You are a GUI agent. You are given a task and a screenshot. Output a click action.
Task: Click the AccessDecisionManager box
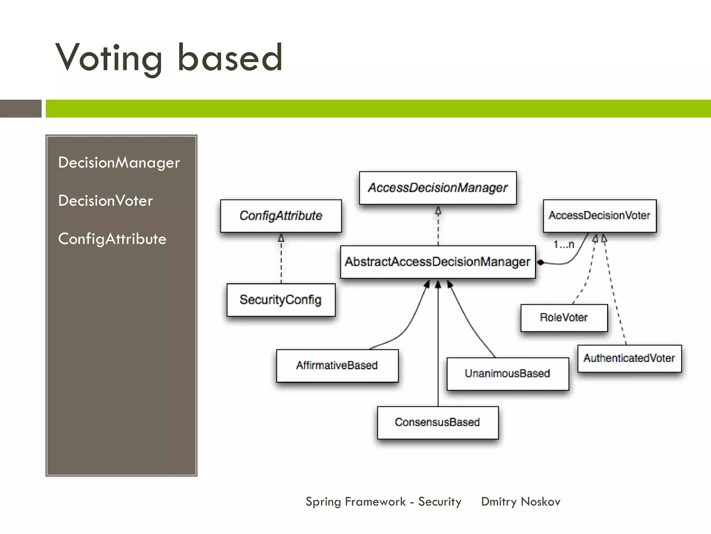tap(438, 188)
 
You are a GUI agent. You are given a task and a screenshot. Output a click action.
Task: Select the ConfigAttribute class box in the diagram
tap(281, 216)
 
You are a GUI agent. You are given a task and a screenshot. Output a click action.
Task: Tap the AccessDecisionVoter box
tap(600, 216)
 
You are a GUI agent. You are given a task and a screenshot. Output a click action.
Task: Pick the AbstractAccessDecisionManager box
tap(438, 262)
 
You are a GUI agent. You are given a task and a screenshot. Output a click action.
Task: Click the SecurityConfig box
tap(281, 300)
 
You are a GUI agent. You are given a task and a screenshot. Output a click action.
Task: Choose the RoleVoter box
tap(564, 318)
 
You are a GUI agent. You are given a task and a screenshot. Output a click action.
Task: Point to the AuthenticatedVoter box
tap(629, 358)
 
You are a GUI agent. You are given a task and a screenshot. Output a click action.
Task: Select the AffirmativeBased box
tap(337, 365)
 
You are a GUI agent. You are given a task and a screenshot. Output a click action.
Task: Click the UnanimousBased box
tap(508, 374)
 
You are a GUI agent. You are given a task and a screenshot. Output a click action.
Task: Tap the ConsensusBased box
tap(437, 422)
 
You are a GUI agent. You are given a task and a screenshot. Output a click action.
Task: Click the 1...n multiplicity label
tap(564, 245)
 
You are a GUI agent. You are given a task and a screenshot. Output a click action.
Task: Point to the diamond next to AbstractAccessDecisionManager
tap(541, 262)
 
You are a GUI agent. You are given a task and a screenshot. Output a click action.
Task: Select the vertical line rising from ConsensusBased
tap(438, 348)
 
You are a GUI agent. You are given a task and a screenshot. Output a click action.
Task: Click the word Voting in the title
tap(109, 58)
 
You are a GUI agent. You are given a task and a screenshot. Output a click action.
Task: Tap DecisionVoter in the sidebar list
tap(106, 201)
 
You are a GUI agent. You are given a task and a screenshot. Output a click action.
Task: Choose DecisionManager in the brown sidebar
tap(119, 163)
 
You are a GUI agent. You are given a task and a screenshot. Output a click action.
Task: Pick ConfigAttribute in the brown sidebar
tap(112, 239)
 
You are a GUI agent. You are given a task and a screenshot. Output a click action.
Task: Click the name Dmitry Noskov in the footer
tap(521, 502)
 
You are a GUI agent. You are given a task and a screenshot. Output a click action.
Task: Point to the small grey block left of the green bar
tap(20, 108)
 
